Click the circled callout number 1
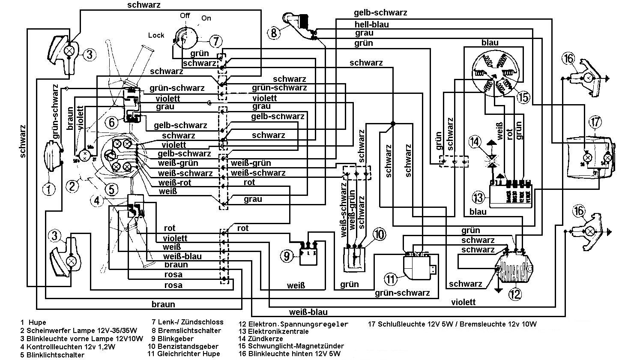(x=49, y=189)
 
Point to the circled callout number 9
(x=287, y=256)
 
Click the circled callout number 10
(x=378, y=234)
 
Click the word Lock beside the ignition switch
(x=156, y=35)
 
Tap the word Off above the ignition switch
(x=185, y=15)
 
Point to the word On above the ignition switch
(x=206, y=18)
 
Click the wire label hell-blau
(x=371, y=24)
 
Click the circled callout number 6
(x=112, y=123)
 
